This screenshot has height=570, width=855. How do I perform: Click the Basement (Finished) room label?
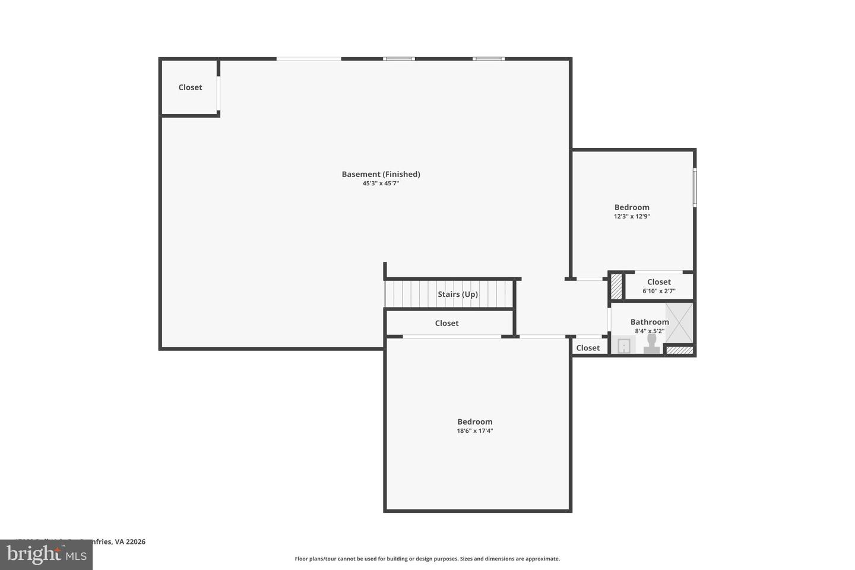click(x=381, y=174)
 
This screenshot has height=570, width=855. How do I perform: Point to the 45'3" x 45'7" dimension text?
click(x=381, y=183)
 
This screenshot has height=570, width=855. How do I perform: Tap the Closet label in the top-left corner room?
click(x=190, y=87)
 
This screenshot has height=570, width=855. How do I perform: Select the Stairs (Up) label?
click(x=458, y=294)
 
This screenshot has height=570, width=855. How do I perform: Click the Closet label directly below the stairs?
click(x=446, y=323)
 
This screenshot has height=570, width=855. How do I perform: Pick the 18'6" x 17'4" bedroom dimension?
click(x=474, y=431)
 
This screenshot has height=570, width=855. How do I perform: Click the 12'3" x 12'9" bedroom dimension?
click(x=632, y=217)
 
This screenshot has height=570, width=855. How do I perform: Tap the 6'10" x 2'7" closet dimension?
click(x=658, y=291)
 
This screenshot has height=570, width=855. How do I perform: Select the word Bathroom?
click(x=650, y=322)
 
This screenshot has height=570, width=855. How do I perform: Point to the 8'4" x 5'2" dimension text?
click(x=650, y=331)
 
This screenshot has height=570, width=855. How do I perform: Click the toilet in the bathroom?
click(x=651, y=344)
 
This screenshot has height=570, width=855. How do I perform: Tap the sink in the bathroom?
click(x=624, y=346)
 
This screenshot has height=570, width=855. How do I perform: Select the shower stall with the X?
click(x=679, y=323)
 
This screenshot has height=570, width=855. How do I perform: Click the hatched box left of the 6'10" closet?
click(x=616, y=286)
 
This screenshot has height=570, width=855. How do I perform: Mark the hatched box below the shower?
click(x=679, y=350)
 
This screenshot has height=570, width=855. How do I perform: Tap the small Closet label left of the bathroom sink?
click(x=588, y=348)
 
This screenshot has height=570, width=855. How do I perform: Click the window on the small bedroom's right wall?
click(x=695, y=188)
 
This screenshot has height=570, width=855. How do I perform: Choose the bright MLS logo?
click(x=46, y=555)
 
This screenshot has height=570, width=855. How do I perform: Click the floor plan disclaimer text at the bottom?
click(x=427, y=559)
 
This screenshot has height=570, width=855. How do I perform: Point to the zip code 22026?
click(x=135, y=541)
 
